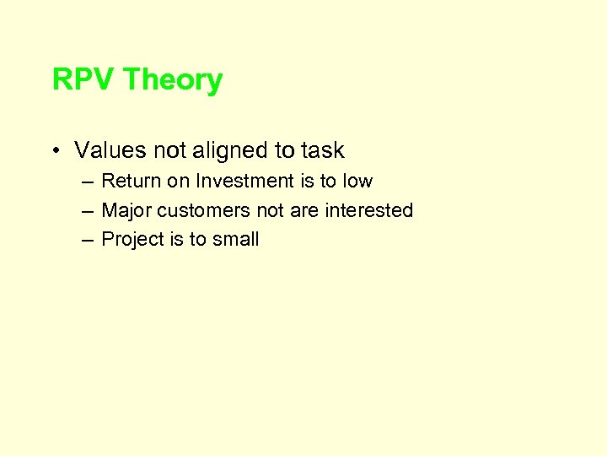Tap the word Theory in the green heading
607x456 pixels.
tap(173, 80)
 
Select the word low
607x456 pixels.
tap(357, 182)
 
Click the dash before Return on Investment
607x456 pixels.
tap(88, 182)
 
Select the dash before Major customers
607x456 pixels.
tap(88, 210)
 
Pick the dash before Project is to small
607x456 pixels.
tap(88, 240)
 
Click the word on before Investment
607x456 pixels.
tap(179, 182)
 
